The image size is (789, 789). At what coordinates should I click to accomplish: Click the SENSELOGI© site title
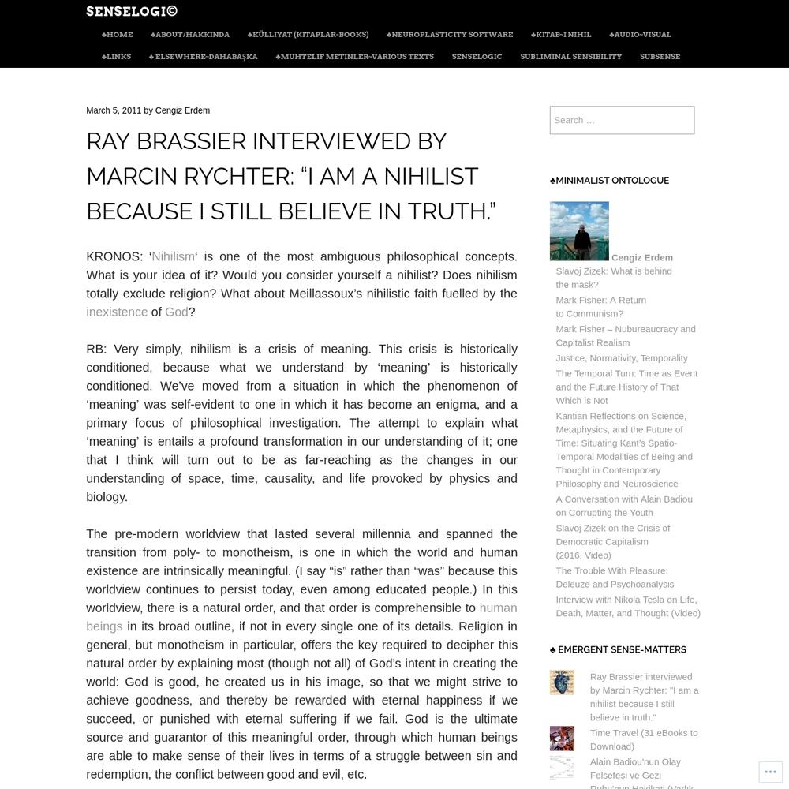tap(132, 11)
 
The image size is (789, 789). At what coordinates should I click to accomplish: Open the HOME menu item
tap(118, 35)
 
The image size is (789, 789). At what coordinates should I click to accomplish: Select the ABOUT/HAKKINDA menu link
tap(190, 35)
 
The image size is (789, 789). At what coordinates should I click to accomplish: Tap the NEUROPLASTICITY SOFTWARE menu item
tap(450, 35)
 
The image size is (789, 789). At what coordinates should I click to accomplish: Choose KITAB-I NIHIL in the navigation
tap(561, 35)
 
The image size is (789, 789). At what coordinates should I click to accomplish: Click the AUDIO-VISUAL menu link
tap(641, 35)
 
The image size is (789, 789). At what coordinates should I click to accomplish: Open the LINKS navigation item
tap(117, 57)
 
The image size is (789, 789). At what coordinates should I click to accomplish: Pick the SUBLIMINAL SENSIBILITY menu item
tap(570, 57)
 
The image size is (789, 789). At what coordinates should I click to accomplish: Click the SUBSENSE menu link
tap(660, 57)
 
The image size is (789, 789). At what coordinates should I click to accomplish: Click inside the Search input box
tap(622, 120)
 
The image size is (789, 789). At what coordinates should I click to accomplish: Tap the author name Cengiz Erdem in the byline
tap(182, 110)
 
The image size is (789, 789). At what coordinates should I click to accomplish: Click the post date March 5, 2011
tap(114, 110)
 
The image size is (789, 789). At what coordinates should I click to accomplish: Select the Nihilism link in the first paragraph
tap(173, 256)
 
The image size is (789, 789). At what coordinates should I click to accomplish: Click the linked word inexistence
tap(117, 312)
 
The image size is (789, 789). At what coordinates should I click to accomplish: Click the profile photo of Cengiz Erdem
tap(579, 231)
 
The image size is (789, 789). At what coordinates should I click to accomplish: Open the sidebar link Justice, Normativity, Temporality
tap(622, 358)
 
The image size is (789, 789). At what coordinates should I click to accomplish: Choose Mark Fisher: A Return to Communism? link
tap(600, 307)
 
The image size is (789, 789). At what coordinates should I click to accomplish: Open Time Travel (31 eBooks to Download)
tap(644, 739)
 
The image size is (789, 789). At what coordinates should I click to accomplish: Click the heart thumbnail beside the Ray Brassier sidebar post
tap(562, 682)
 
